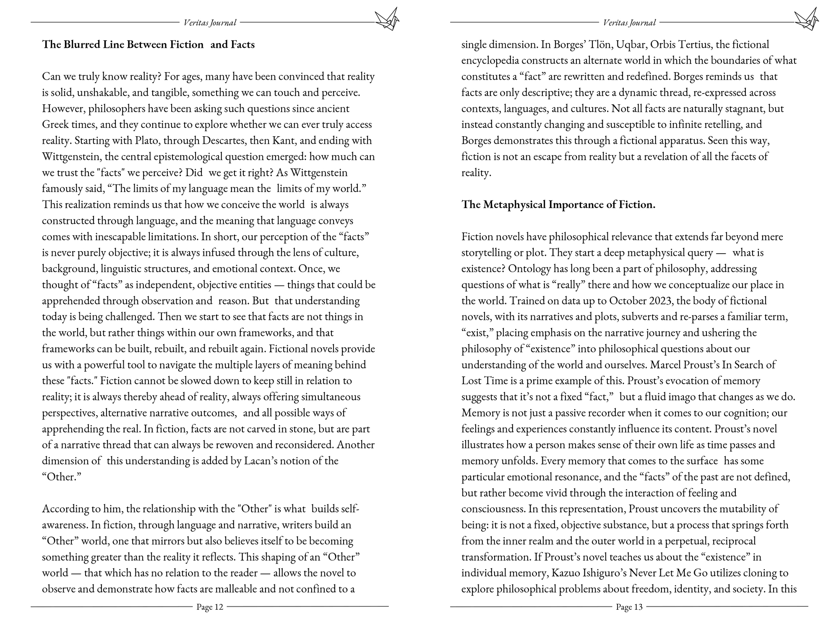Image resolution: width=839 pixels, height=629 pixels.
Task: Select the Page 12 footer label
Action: click(x=210, y=607)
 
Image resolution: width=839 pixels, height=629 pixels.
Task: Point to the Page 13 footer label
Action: click(x=629, y=607)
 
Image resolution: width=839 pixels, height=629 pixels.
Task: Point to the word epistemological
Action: click(x=190, y=157)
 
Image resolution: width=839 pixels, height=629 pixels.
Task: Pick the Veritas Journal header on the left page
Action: click(x=210, y=23)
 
